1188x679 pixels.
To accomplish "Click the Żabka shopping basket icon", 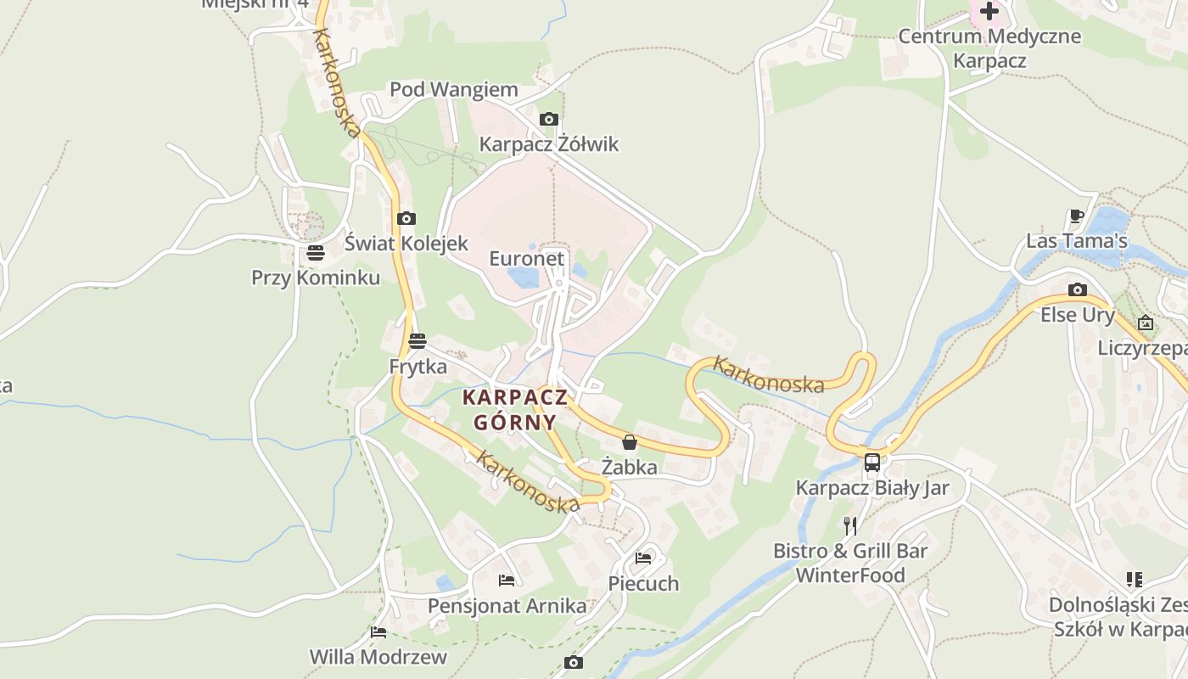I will (630, 442).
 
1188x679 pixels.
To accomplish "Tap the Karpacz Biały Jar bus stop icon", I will (871, 463).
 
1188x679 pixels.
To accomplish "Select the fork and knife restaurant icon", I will (850, 526).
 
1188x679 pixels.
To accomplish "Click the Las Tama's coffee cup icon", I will (1077, 216).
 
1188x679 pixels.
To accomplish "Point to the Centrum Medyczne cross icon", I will (989, 12).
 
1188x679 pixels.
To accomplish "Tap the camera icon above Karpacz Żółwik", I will (549, 120).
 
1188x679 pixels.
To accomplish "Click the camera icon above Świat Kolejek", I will (406, 219).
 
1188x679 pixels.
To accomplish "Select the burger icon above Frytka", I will (417, 342).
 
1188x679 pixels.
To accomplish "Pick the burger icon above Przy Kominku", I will (316, 253).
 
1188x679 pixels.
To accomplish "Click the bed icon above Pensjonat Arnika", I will (507, 581).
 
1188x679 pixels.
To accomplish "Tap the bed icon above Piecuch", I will (643, 558).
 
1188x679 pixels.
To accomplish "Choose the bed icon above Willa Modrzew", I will (378, 632).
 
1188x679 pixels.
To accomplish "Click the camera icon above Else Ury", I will (1078, 290).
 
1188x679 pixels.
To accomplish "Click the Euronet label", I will (526, 258).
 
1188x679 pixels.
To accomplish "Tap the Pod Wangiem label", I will (453, 90).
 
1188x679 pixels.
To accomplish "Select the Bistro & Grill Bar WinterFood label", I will (850, 563).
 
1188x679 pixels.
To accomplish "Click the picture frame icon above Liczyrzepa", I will (1146, 323).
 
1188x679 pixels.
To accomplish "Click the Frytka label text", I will (417, 368).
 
